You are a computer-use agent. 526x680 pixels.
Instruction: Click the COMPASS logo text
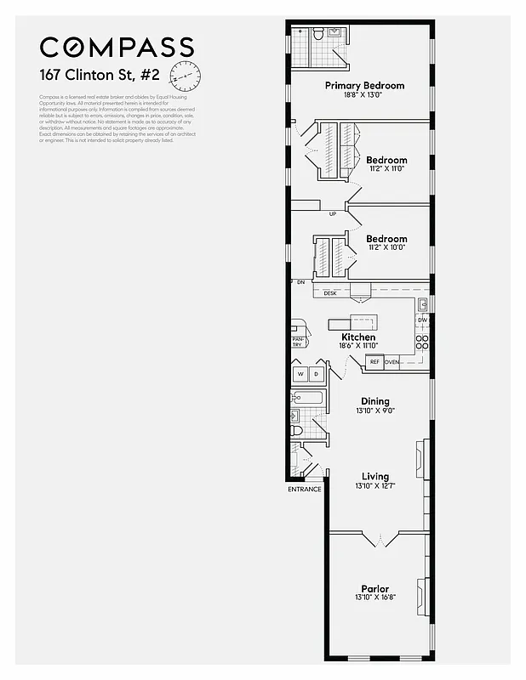point(117,48)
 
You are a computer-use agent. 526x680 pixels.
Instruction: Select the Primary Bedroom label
point(364,86)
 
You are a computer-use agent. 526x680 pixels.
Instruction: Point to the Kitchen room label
point(358,337)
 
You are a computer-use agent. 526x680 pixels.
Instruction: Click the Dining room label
point(374,401)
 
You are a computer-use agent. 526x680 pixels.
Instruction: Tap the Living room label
point(374,477)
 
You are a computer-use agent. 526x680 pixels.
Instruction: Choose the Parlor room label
point(374,589)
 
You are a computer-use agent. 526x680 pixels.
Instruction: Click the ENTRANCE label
point(305,489)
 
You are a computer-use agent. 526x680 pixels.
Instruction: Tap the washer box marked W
point(300,374)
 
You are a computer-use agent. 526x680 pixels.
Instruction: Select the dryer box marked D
point(316,374)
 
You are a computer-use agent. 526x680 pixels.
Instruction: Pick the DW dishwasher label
point(422,320)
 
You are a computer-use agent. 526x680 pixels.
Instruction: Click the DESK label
point(330,293)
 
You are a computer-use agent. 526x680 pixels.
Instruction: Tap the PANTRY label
point(298,343)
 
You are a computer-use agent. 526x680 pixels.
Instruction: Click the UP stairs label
point(333,213)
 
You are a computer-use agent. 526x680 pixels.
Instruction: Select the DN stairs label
point(300,281)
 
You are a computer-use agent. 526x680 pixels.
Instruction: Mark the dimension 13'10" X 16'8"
point(374,598)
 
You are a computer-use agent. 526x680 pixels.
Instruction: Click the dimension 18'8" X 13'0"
point(364,95)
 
